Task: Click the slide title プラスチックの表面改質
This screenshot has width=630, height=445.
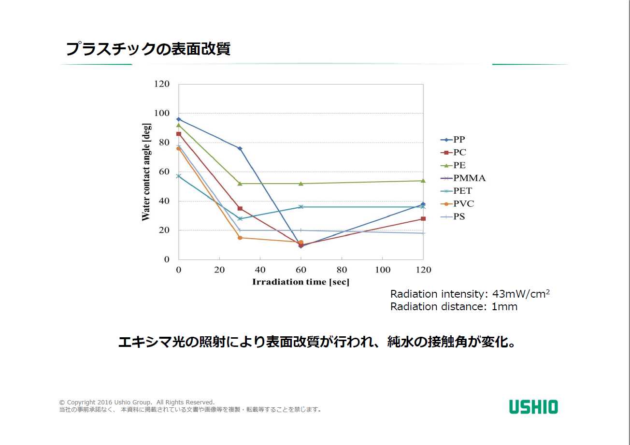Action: coord(148,49)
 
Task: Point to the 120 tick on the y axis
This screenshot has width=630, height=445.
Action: coord(162,84)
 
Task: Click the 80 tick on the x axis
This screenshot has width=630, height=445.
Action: coord(342,270)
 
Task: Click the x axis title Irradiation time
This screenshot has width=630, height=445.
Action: coord(301,282)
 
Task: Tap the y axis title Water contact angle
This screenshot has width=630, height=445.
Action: coord(146,172)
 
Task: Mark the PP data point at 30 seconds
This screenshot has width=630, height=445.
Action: coord(240,148)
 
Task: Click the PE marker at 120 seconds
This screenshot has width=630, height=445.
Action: coord(423,181)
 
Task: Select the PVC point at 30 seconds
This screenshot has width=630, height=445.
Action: coord(240,238)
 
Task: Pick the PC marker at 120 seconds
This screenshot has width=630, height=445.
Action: coord(423,219)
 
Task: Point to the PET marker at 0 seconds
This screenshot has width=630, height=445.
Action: coord(179,176)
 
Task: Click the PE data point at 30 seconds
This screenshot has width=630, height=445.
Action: coord(240,184)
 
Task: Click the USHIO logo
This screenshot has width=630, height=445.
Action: coord(533,407)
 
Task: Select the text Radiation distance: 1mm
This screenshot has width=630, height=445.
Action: coord(454,307)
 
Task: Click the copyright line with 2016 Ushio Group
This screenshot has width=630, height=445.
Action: coord(137,402)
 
